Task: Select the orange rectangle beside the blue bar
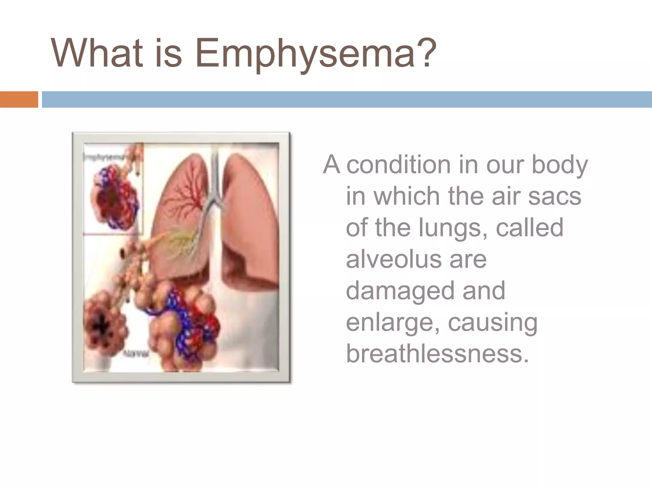click(x=19, y=99)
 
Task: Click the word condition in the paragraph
click(x=398, y=165)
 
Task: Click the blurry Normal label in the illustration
click(x=135, y=354)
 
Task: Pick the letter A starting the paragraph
click(x=331, y=165)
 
